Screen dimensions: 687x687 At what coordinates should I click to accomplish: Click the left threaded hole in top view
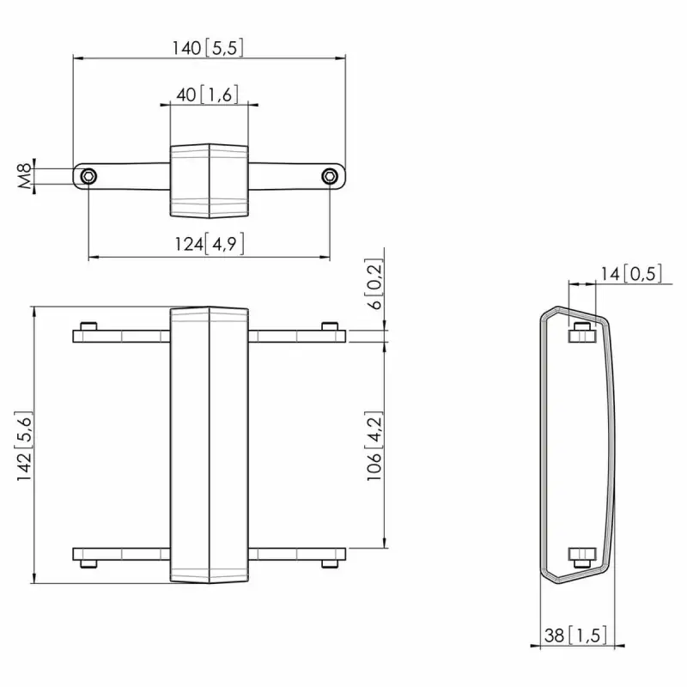pyautogui.click(x=88, y=177)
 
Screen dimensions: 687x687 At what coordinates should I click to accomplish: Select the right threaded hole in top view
pyautogui.click(x=329, y=177)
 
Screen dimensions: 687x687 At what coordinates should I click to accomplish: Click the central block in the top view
pyautogui.click(x=209, y=181)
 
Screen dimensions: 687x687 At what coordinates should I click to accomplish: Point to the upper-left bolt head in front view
pyautogui.click(x=88, y=326)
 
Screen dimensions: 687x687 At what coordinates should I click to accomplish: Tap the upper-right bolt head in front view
pyautogui.click(x=330, y=326)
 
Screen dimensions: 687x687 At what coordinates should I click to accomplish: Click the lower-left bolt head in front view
pyautogui.click(x=88, y=564)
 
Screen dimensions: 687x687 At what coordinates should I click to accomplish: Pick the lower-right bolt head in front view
pyautogui.click(x=330, y=564)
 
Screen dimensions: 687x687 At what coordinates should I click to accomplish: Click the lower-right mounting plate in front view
pyautogui.click(x=296, y=554)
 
